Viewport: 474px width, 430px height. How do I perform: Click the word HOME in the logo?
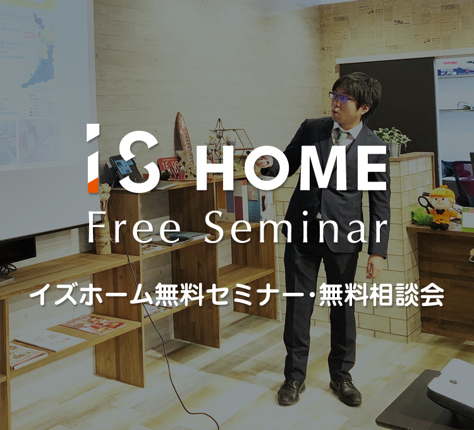(x=291, y=168)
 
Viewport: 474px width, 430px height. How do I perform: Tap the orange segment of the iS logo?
(x=93, y=185)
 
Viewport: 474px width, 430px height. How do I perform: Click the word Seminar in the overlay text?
(x=296, y=228)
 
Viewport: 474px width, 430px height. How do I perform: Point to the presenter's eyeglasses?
(x=341, y=98)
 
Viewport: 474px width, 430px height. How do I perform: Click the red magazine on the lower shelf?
(x=93, y=324)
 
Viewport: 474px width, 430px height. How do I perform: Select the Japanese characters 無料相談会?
(x=382, y=295)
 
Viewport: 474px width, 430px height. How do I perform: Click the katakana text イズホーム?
(x=91, y=295)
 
